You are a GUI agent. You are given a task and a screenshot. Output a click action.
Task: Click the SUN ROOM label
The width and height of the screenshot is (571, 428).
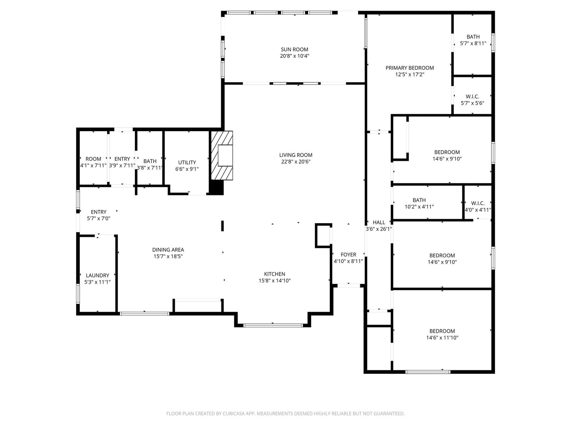294,49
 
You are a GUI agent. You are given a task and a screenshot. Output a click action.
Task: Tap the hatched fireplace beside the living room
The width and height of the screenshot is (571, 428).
222,156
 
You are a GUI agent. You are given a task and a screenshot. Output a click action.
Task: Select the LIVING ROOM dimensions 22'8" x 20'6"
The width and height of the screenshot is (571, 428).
296,162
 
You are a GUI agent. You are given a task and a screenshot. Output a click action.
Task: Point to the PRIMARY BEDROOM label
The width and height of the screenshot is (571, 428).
409,68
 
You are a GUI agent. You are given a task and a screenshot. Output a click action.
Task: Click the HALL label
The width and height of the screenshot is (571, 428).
379,223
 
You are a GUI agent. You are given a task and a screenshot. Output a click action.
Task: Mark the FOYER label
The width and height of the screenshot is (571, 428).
348,255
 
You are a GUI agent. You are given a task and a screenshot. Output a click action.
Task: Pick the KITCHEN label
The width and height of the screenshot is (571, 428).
274,274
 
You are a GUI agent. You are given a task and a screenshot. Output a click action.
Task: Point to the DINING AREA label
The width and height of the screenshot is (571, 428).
168,250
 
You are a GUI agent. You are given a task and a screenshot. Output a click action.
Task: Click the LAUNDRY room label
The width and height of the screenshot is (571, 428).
97,275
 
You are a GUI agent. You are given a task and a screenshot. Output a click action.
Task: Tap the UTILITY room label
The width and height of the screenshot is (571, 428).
187,162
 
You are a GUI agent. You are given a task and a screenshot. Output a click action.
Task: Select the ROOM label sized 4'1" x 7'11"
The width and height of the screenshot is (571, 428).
93,159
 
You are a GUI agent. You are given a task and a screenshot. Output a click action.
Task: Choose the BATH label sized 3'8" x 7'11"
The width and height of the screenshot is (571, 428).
150,161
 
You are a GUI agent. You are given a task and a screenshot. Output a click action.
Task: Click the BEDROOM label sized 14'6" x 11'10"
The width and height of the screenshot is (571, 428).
442,331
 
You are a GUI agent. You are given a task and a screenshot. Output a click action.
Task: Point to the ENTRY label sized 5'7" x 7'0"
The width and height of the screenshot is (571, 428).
98,212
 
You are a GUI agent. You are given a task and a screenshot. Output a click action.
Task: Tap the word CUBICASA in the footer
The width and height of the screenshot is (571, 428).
234,413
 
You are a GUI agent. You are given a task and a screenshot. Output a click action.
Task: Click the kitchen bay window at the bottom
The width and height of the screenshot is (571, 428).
273,325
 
